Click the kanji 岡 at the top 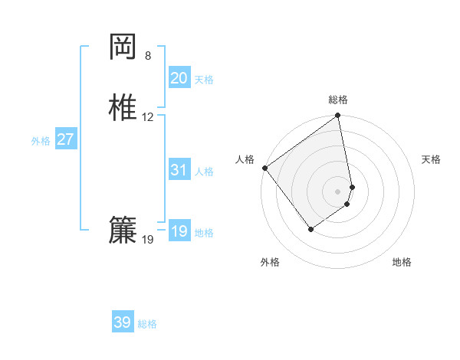tap(123, 47)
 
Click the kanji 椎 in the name tap(123, 107)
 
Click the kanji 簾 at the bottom tap(123, 230)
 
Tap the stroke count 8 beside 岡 tap(148, 56)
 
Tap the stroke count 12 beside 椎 tap(148, 117)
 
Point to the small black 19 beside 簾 tap(148, 240)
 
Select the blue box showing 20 tap(179, 78)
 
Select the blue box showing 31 tap(179, 170)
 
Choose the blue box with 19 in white tap(179, 231)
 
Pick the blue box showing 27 tap(65, 139)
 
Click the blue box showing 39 tap(122, 322)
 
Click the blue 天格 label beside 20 tap(204, 80)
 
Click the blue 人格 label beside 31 tap(204, 172)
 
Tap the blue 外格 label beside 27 tap(41, 141)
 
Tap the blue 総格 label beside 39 tap(147, 324)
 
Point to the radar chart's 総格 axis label tap(338, 100)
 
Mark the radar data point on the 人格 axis tap(264, 168)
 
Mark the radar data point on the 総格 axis tap(338, 116)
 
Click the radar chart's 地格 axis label tap(402, 263)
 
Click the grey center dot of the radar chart tap(338, 191)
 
